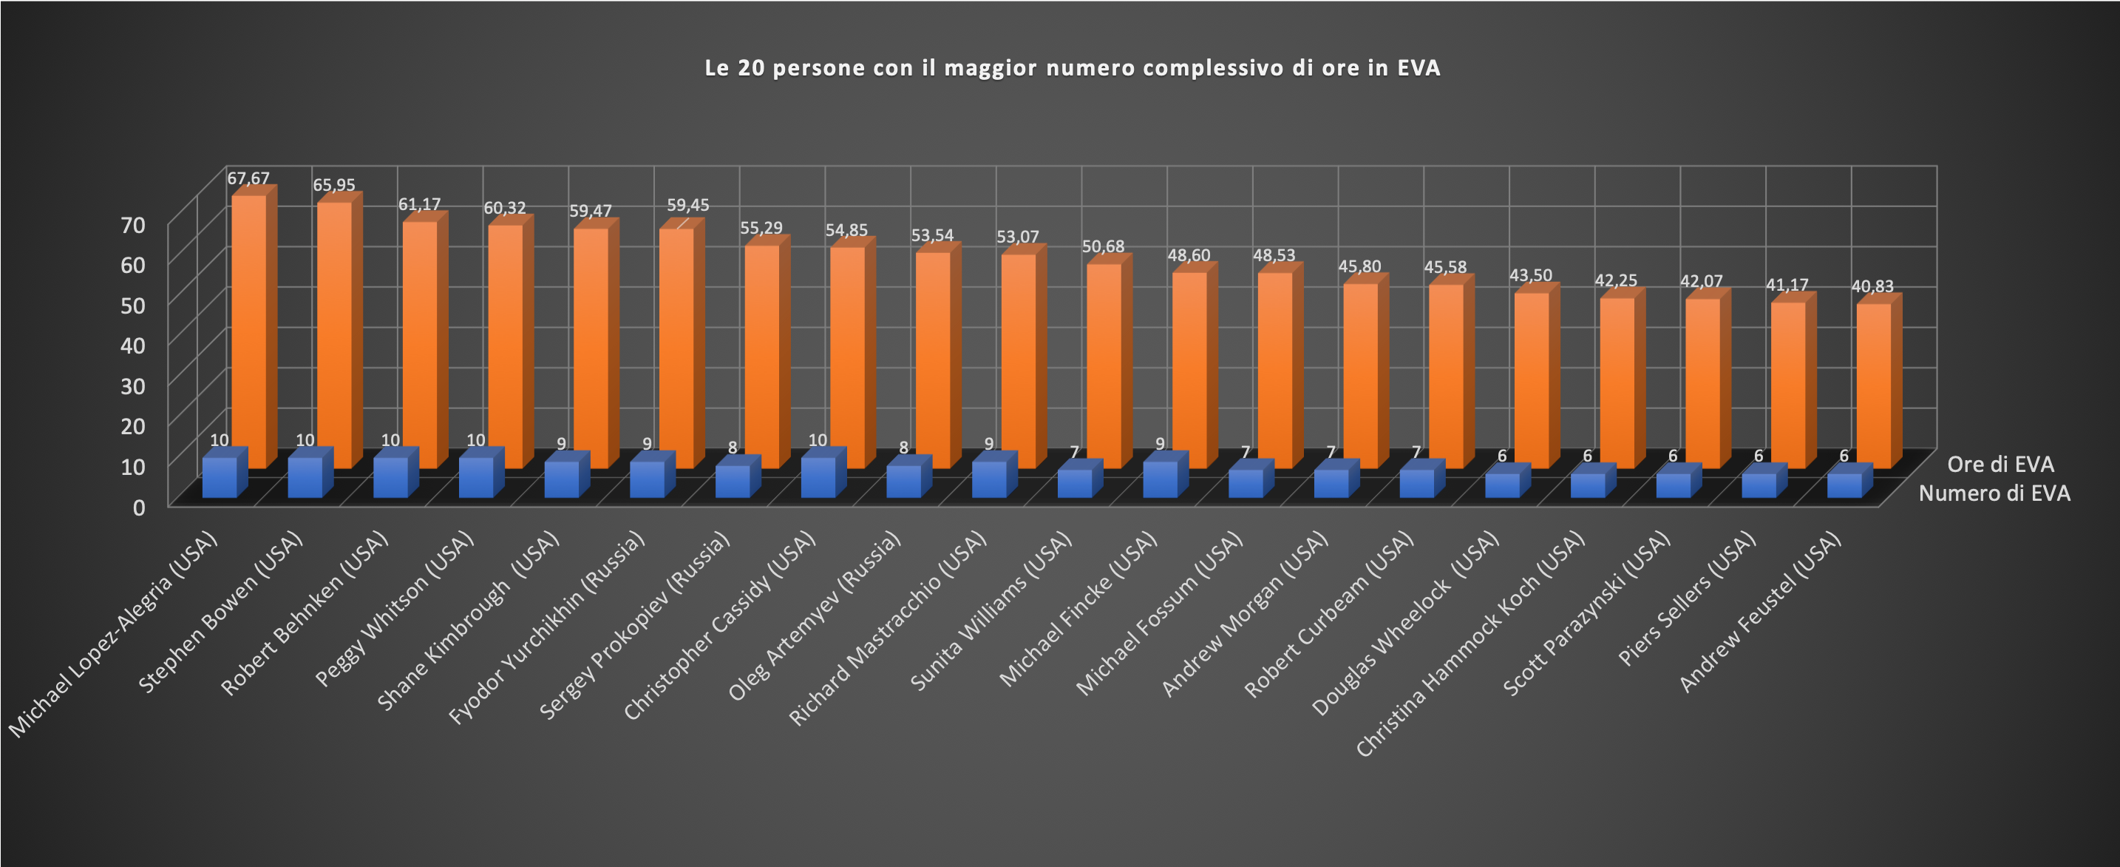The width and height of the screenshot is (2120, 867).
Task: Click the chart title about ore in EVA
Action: pos(1072,67)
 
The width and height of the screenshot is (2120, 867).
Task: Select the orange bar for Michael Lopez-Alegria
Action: pos(248,329)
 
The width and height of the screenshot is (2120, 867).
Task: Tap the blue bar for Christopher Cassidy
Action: pos(818,478)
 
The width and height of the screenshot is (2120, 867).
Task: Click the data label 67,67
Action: pos(248,178)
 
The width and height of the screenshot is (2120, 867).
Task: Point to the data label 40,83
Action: pos(1872,286)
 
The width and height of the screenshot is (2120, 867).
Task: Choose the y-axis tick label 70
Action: pos(132,225)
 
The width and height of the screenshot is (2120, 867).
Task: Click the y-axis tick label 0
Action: pos(139,507)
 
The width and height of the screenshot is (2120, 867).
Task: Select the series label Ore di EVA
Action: pos(2000,465)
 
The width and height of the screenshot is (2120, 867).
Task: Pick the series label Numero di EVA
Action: pos(1994,493)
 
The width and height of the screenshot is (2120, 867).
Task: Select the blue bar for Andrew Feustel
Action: pos(1844,485)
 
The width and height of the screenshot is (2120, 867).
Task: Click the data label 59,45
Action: pos(687,205)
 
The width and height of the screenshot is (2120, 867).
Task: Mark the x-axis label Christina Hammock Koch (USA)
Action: pos(1470,647)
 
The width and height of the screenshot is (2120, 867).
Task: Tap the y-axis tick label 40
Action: pos(132,345)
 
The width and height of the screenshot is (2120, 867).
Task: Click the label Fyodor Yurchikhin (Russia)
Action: pos(546,630)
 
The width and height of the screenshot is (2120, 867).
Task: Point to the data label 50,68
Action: pos(1103,246)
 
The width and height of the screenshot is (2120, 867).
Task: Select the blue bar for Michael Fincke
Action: pos(1161,479)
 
